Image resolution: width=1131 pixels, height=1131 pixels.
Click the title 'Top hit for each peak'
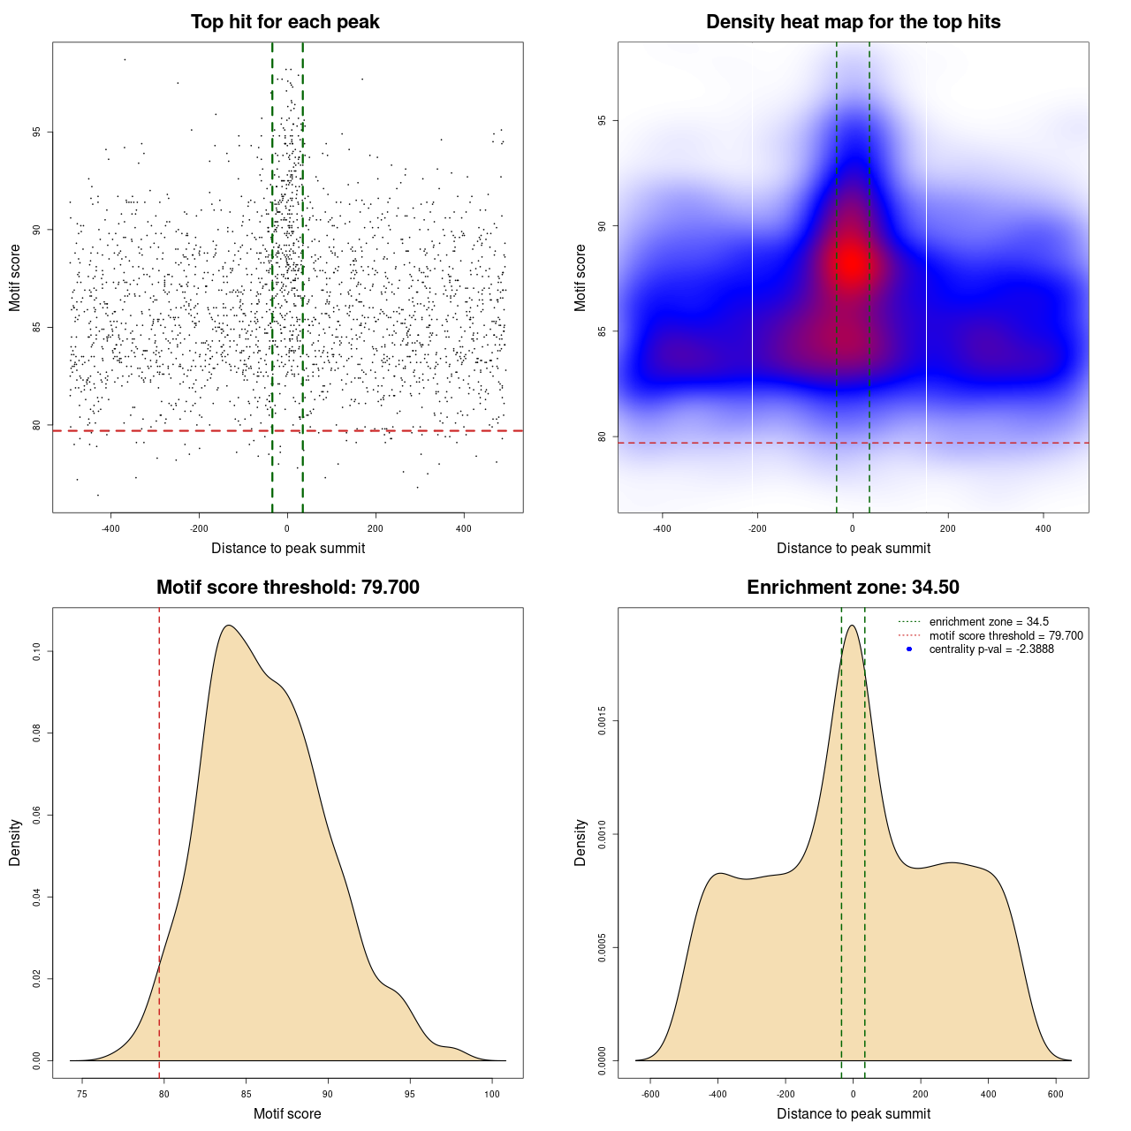click(285, 22)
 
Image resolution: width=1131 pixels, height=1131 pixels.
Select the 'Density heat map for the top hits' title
click(853, 22)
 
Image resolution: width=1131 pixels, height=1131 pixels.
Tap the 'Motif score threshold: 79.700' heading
click(287, 588)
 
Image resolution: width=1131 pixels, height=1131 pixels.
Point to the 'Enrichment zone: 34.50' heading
click(853, 588)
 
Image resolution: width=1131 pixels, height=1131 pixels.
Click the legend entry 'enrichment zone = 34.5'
click(989, 622)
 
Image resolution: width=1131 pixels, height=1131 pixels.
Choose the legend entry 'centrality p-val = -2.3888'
click(991, 649)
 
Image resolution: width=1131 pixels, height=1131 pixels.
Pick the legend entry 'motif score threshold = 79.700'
click(1006, 635)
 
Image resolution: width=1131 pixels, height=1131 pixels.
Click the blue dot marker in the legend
click(909, 649)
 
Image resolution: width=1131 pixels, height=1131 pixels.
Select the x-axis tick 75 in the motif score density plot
click(82, 1094)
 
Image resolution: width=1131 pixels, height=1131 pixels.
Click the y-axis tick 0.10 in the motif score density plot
click(36, 652)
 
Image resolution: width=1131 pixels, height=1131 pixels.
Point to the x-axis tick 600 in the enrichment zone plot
click(1056, 1094)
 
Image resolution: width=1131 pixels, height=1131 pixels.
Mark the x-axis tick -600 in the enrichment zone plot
click(650, 1094)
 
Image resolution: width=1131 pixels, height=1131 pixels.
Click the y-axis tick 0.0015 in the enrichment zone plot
click(602, 721)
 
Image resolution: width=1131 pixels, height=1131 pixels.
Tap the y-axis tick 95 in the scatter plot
click(36, 133)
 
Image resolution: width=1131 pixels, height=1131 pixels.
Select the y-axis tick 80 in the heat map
click(602, 436)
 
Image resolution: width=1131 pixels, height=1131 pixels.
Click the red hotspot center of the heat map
click(853, 262)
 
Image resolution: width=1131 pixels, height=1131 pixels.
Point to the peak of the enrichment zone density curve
click(852, 626)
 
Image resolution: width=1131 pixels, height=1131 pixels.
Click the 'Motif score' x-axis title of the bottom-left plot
click(287, 1113)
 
